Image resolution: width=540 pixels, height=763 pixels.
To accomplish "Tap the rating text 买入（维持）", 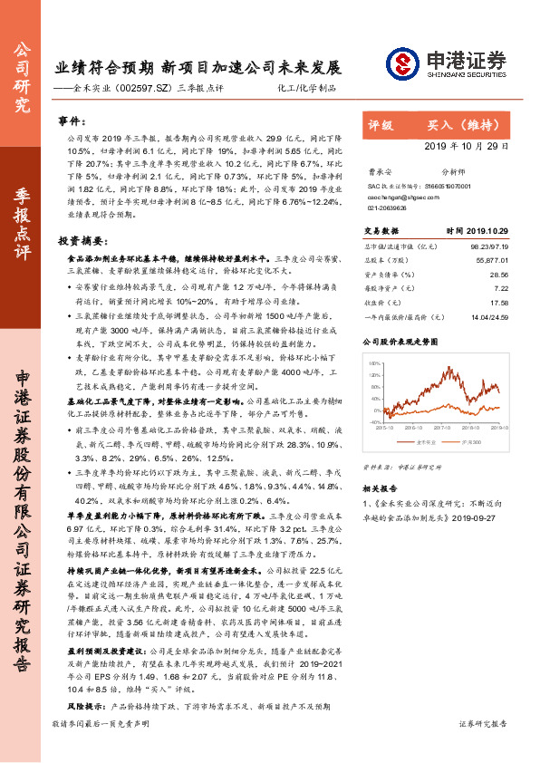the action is [460, 124].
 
